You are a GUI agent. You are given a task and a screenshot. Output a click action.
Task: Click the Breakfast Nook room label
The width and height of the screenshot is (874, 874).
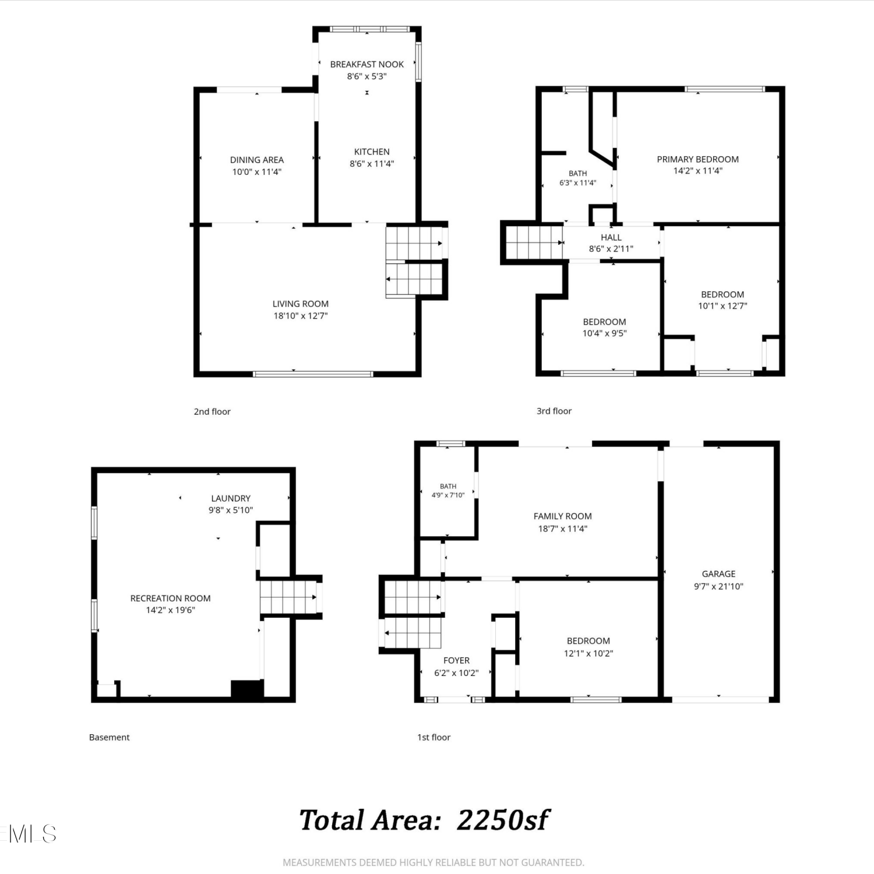click(367, 65)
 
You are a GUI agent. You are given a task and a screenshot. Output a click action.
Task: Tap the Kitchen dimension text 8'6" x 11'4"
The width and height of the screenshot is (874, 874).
click(372, 164)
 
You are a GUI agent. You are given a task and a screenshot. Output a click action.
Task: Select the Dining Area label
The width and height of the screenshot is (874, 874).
click(257, 160)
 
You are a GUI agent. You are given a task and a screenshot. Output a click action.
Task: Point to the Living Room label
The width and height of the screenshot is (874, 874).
click(301, 304)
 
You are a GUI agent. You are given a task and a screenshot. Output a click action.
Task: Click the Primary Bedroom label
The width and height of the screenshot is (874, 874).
click(698, 159)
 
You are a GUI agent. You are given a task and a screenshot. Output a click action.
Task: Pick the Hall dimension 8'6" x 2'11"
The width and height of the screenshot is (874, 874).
click(611, 249)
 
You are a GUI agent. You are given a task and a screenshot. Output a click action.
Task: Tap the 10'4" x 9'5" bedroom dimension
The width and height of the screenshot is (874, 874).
click(605, 333)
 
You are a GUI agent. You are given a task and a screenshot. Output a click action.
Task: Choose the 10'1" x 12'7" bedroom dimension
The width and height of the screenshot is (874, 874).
click(723, 306)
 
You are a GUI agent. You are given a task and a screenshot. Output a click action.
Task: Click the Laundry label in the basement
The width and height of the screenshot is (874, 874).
click(231, 498)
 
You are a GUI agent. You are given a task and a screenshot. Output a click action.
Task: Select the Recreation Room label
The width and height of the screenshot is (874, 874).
click(171, 598)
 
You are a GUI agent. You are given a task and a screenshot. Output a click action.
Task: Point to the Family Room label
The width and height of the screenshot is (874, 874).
click(563, 516)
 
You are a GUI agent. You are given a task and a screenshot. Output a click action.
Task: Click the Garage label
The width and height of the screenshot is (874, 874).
click(718, 574)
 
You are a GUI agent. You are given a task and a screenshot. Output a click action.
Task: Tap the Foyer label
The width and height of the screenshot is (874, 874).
click(456, 661)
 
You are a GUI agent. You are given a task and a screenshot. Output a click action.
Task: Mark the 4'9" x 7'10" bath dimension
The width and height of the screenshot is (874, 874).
click(448, 495)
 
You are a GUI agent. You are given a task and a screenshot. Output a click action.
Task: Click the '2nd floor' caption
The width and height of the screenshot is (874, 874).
click(212, 411)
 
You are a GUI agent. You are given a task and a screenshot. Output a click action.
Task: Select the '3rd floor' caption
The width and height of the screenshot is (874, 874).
click(554, 411)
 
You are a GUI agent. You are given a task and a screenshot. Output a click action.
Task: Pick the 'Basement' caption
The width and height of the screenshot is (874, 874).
click(110, 737)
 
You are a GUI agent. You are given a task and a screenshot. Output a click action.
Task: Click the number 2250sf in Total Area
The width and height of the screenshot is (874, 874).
click(502, 820)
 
